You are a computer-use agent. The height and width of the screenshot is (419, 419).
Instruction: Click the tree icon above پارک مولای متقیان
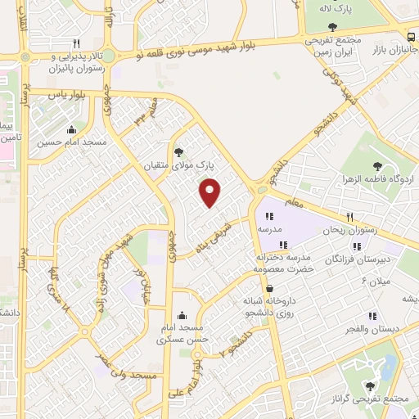pos(178,151)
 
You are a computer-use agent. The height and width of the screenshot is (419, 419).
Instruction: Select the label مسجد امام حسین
pos(72,142)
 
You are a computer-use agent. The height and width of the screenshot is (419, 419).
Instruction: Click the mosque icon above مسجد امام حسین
pos(72,128)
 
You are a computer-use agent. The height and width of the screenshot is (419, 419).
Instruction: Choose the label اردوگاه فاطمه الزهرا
pos(377,178)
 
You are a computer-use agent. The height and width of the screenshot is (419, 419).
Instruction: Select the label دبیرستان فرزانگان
pos(354,259)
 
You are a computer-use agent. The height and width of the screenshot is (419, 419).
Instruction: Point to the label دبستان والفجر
pos(372,328)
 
